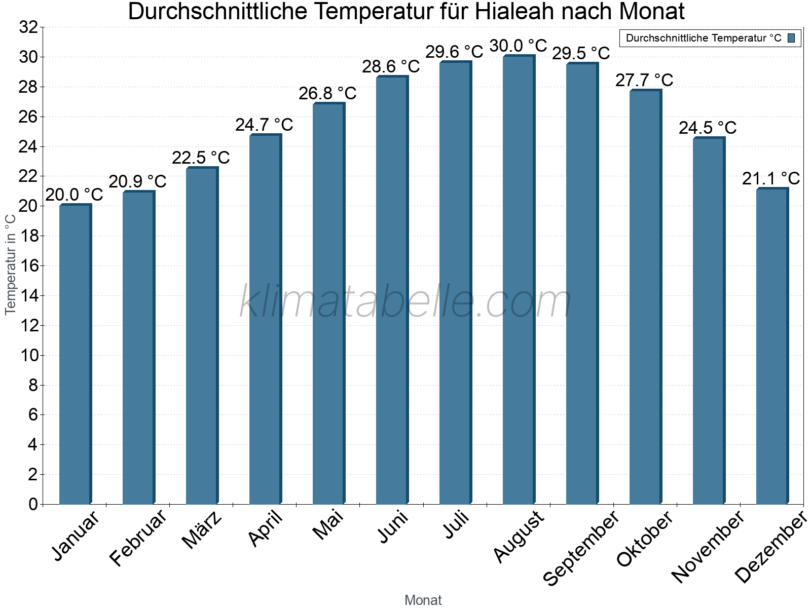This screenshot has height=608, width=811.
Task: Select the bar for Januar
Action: [75, 355]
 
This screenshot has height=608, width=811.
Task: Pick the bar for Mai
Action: [328, 304]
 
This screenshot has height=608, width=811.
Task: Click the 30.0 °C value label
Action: [518, 46]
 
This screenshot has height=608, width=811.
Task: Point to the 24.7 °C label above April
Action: [264, 125]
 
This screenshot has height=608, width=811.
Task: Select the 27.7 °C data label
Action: [644, 80]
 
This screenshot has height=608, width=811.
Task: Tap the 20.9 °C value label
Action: [137, 181]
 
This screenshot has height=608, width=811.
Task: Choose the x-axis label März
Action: [202, 530]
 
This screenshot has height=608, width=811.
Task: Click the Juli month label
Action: [456, 525]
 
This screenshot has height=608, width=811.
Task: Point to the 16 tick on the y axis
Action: [29, 265]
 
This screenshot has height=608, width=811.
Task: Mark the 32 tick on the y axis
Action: [29, 27]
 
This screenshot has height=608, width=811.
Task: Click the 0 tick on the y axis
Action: [33, 504]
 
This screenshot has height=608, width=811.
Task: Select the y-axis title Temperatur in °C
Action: [11, 263]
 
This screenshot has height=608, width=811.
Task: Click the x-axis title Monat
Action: [423, 600]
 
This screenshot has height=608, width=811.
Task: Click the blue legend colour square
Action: [791, 38]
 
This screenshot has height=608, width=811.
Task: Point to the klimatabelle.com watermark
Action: [405, 302]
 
